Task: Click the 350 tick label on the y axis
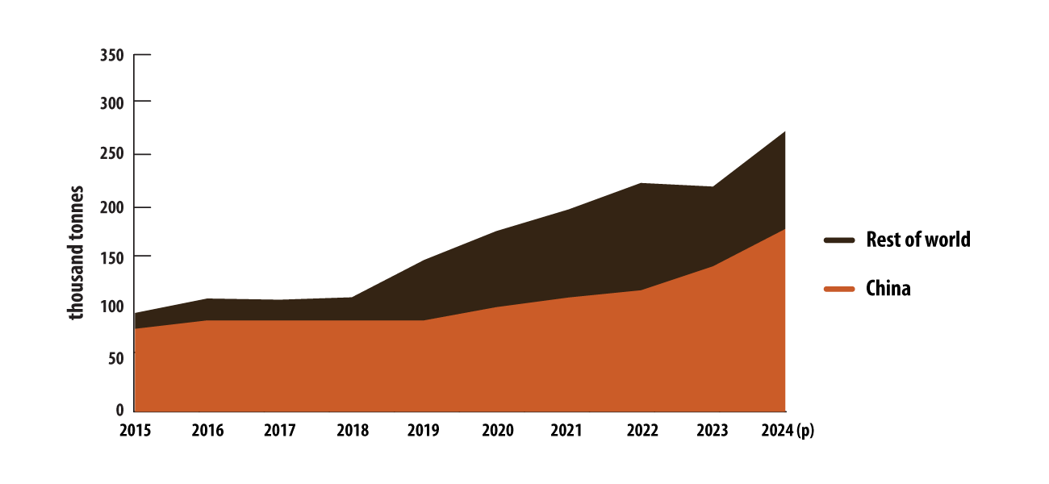click(x=111, y=56)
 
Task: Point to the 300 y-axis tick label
click(x=111, y=102)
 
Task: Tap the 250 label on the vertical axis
click(x=111, y=155)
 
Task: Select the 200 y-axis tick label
click(x=111, y=207)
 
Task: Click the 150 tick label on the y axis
click(x=111, y=257)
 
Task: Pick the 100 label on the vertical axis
click(x=111, y=307)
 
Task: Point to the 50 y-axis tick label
click(x=115, y=358)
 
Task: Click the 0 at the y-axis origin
click(x=119, y=409)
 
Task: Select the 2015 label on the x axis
click(x=135, y=431)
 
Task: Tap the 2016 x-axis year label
click(x=207, y=431)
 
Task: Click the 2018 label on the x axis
click(x=352, y=431)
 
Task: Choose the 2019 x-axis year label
click(x=424, y=431)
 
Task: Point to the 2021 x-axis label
click(x=567, y=431)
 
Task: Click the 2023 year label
click(x=712, y=431)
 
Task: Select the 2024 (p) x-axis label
click(x=788, y=431)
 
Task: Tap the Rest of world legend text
click(x=917, y=240)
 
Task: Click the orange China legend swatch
click(x=839, y=289)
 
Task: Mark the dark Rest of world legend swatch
click(x=839, y=240)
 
